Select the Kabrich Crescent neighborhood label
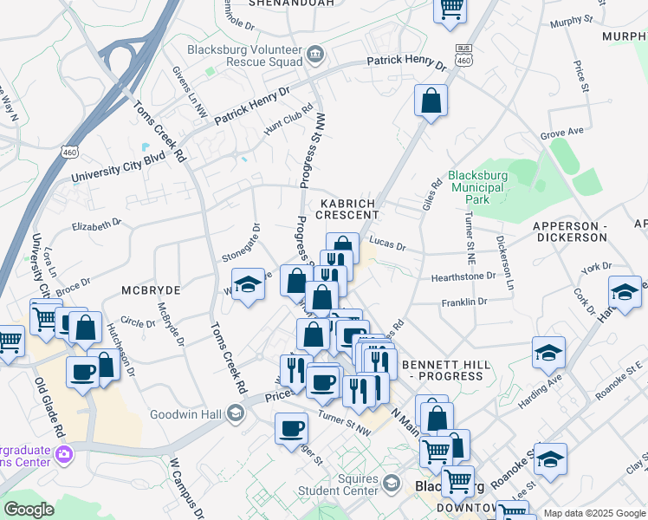click(x=350, y=208)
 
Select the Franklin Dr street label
click(x=464, y=302)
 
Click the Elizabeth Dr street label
click(x=96, y=225)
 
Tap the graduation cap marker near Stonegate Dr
click(x=248, y=284)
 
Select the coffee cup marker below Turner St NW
click(x=292, y=428)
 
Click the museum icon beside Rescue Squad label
click(x=314, y=55)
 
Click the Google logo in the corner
click(x=29, y=510)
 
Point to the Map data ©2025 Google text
click(x=594, y=513)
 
